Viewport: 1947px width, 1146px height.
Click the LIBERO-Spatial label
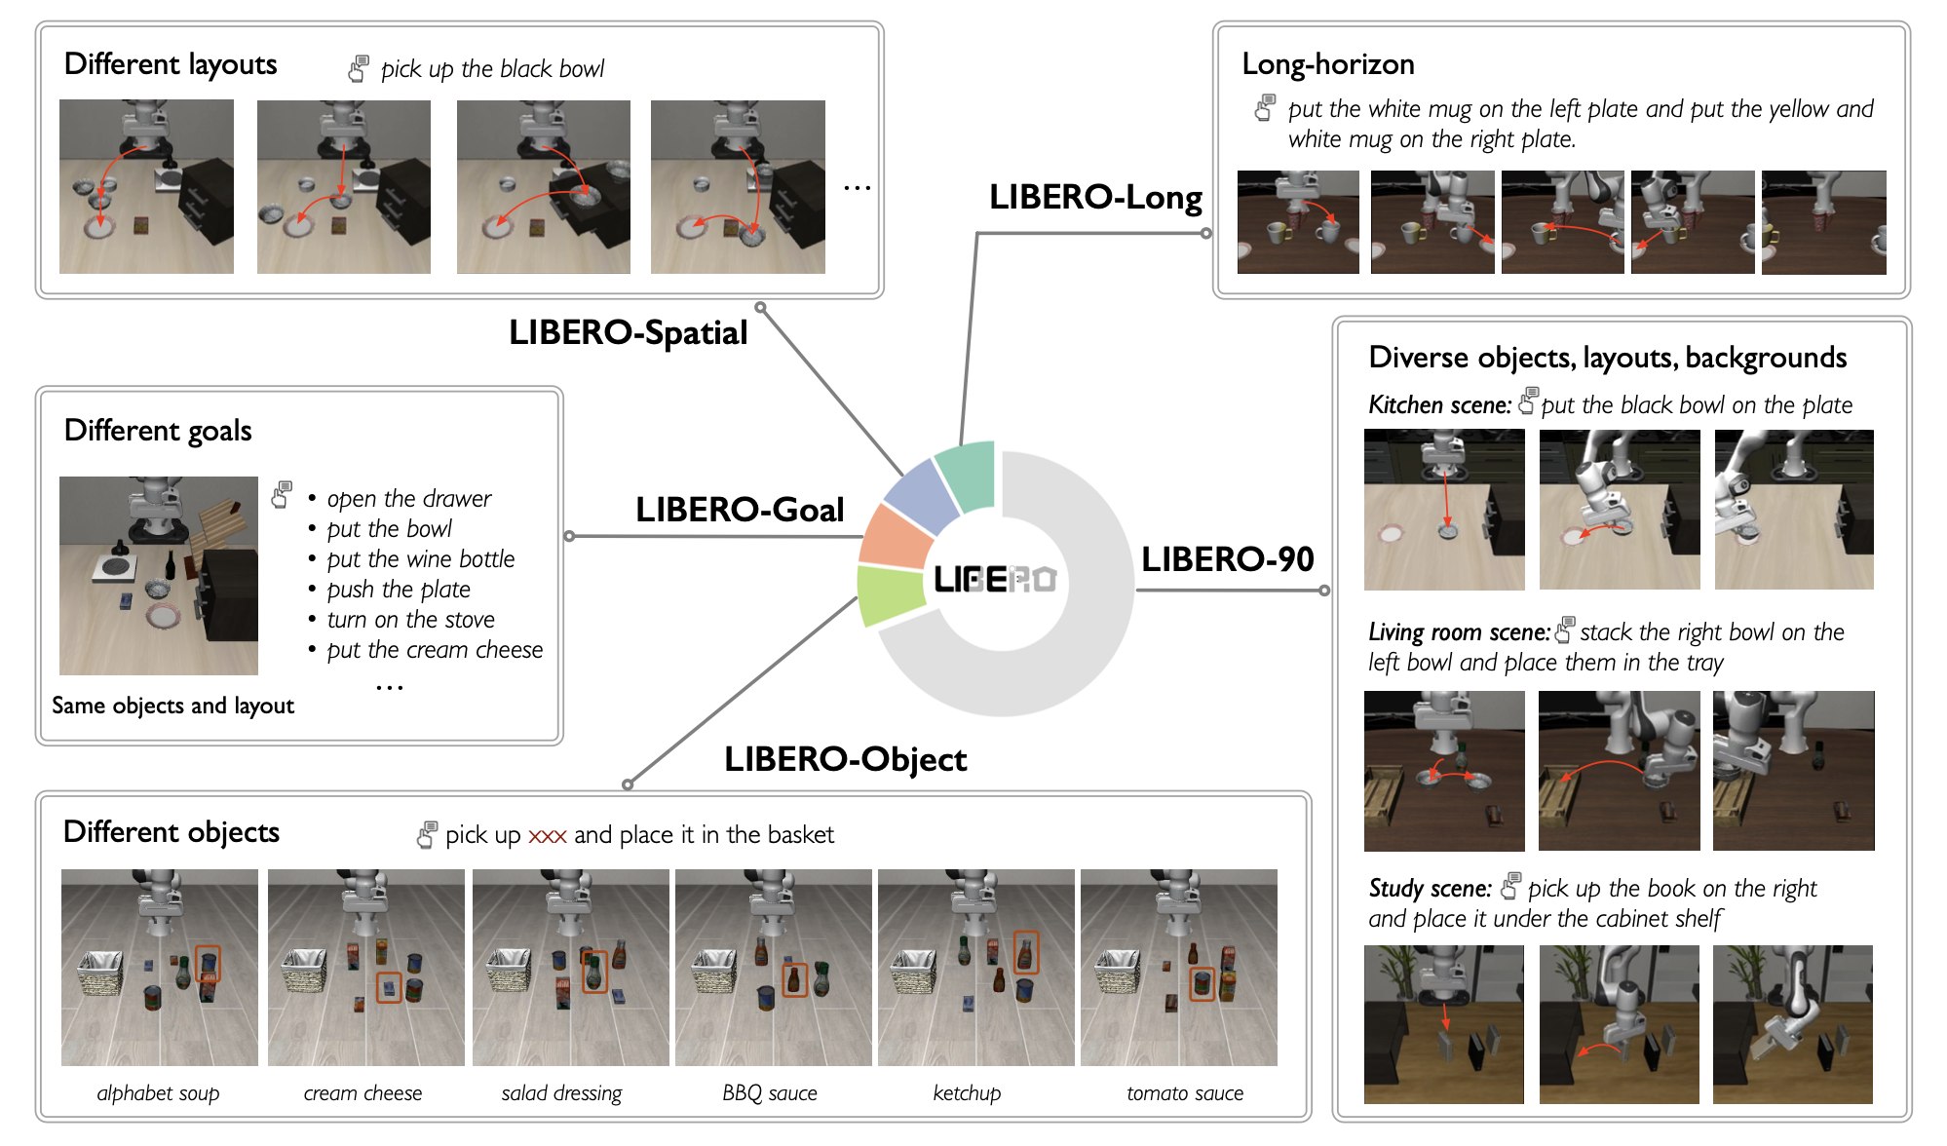click(x=628, y=332)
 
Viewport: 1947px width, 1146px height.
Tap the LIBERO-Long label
click(x=1094, y=197)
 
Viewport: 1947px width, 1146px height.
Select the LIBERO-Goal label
click(x=739, y=509)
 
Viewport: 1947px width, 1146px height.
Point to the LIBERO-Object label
click(x=845, y=759)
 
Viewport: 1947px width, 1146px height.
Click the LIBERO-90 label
click(x=1227, y=558)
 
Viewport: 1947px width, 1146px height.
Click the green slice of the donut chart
click(x=890, y=593)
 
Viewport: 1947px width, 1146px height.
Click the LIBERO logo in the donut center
click(x=994, y=580)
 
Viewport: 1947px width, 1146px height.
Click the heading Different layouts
click(x=171, y=64)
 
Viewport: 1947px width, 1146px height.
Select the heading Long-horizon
click(x=1327, y=64)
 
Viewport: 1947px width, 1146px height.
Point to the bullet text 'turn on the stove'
click(x=410, y=620)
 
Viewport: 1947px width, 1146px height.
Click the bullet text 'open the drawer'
click(x=408, y=499)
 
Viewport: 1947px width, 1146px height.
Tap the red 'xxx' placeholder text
click(x=547, y=836)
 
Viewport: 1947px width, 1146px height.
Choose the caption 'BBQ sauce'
click(x=769, y=1093)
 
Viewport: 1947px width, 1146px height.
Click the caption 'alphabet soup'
click(x=158, y=1093)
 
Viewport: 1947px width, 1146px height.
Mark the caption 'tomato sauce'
click(x=1184, y=1093)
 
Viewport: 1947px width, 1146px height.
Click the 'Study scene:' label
click(x=1430, y=889)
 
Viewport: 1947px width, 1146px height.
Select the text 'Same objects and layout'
click(x=172, y=706)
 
